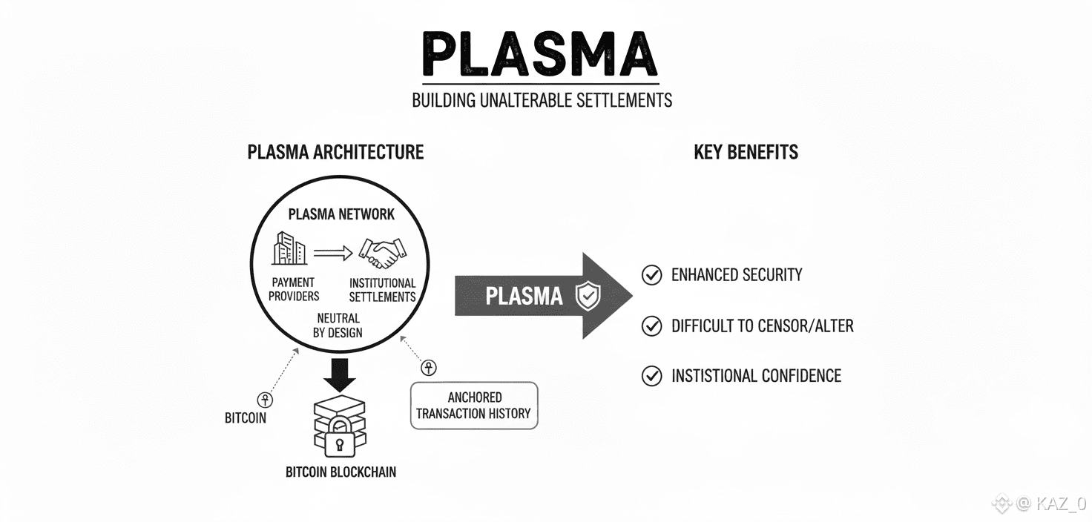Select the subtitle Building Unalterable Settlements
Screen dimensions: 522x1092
click(542, 100)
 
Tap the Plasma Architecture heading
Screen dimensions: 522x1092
click(335, 152)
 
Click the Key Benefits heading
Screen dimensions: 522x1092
click(746, 152)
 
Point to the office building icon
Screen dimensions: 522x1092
click(289, 248)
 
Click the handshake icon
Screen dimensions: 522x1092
click(383, 252)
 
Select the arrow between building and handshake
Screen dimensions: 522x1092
click(333, 253)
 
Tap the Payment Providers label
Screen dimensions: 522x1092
click(294, 289)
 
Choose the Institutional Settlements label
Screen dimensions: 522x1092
click(382, 290)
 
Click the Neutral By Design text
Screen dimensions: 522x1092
click(338, 326)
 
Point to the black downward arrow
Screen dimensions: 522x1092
click(341, 375)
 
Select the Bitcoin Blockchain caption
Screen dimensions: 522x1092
click(341, 472)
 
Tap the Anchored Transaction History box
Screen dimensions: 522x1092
click(474, 406)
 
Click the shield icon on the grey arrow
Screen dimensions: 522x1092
click(588, 297)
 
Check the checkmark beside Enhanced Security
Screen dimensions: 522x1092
click(651, 275)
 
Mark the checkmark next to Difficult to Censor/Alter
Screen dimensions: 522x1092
click(651, 326)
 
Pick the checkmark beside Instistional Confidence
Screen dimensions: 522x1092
click(651, 376)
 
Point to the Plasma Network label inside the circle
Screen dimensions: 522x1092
click(341, 214)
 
